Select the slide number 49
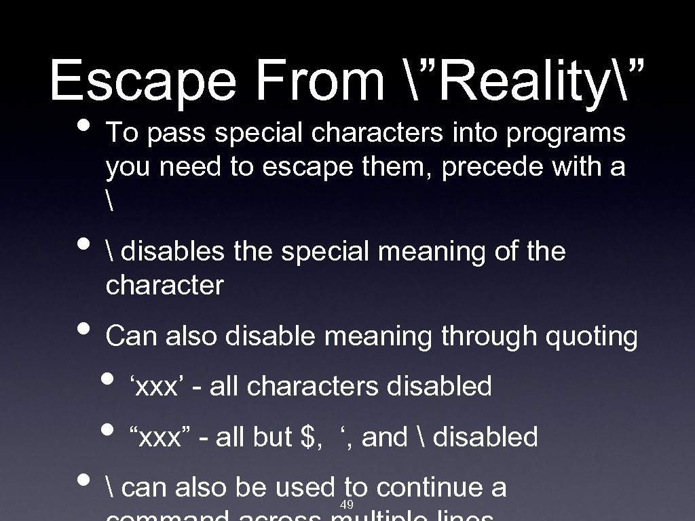(346, 505)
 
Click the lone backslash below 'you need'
(109, 201)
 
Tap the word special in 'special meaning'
(324, 252)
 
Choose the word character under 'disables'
(164, 286)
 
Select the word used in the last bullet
(309, 488)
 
